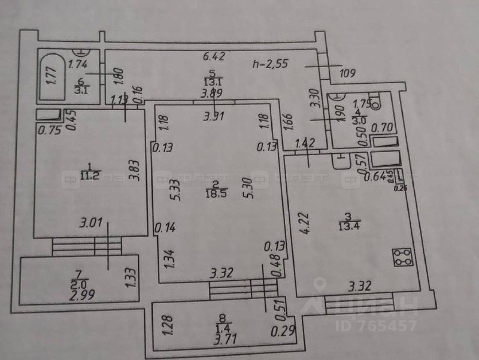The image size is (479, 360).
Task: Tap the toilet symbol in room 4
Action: [x=375, y=102]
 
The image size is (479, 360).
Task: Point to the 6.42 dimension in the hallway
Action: [x=214, y=57]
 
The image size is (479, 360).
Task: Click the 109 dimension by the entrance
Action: [x=347, y=74]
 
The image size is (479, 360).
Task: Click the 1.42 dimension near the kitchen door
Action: [x=306, y=143]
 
